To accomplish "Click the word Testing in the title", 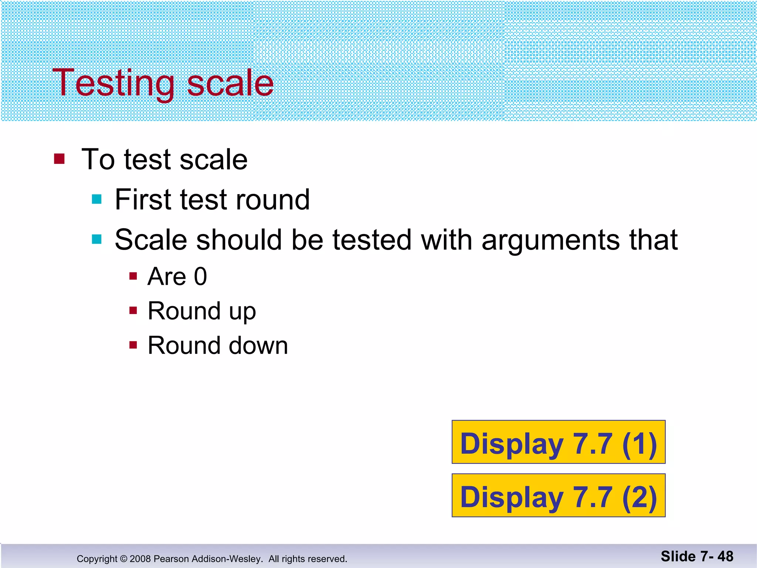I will (x=113, y=84).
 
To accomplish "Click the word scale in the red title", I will (x=230, y=84).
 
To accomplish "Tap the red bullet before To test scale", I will (x=59, y=159).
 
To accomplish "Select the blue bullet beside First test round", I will (x=97, y=199).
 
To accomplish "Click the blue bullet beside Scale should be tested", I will (x=97, y=239).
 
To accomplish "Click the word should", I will (x=240, y=240).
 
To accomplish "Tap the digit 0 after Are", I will (x=200, y=277).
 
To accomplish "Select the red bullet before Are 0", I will (x=133, y=276).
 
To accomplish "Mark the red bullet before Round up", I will (x=133, y=310).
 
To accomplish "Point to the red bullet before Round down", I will (x=133, y=345).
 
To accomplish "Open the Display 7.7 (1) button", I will (x=558, y=442).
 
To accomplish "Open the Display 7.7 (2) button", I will (x=558, y=495).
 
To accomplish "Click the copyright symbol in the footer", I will (x=123, y=559).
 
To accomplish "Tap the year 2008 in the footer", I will (x=140, y=559).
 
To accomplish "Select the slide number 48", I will (x=725, y=557).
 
